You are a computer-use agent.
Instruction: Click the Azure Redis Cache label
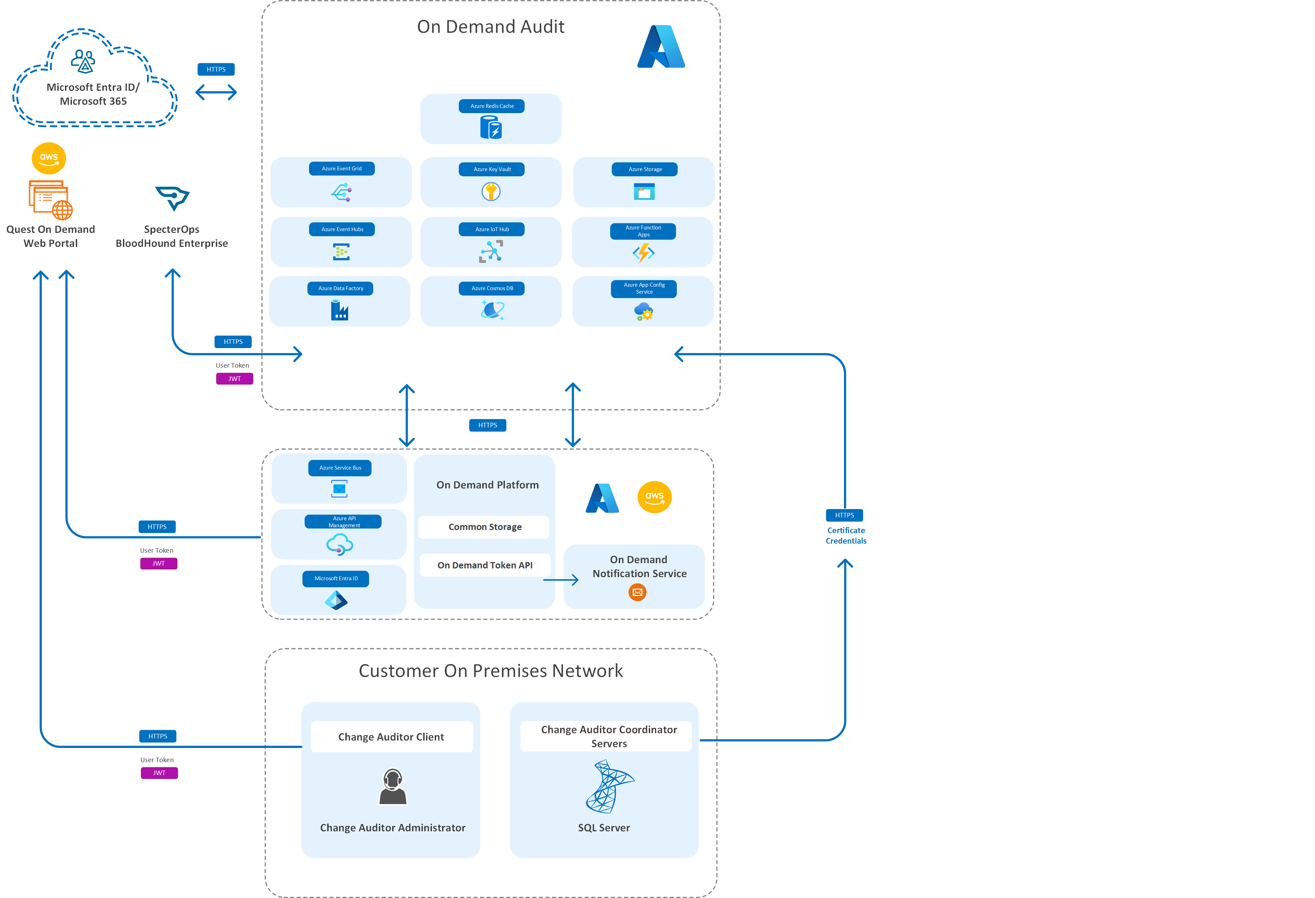491,106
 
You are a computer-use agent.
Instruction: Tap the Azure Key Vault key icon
491,192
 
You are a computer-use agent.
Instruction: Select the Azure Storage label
645,169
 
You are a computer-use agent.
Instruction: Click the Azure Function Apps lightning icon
643,252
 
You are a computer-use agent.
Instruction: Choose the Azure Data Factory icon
339,310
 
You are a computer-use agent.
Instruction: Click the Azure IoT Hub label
491,229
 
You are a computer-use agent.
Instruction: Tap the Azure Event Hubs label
342,229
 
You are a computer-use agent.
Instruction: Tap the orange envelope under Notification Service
637,592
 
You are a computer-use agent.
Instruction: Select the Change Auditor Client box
391,737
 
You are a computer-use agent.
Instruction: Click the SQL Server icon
609,787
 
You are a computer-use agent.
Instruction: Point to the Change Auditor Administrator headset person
393,787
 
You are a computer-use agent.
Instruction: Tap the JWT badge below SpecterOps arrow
234,378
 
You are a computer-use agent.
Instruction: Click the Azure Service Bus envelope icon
339,489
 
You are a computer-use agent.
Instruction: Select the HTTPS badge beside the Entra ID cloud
215,69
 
